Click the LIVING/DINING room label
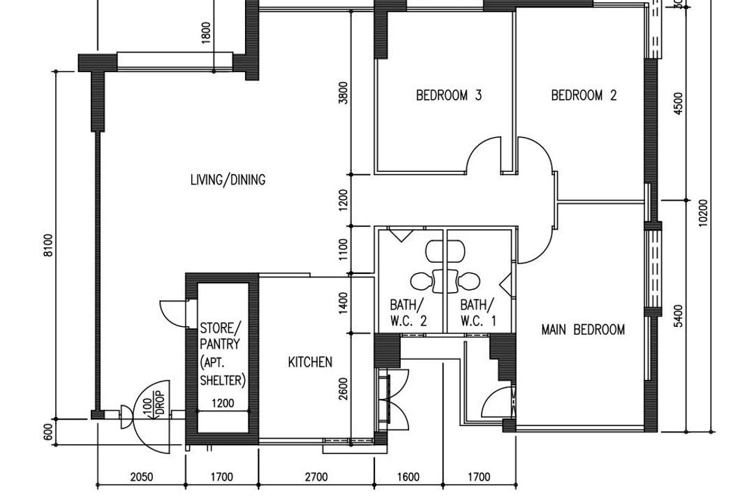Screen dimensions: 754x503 coord(228,180)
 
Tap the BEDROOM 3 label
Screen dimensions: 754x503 coord(449,95)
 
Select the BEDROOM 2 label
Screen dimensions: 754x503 coord(584,95)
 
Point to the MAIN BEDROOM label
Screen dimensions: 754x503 coord(583,330)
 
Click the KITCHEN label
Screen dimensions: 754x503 coord(310,362)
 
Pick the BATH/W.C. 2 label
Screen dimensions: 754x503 coord(408,313)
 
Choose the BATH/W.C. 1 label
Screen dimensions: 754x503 coord(478,313)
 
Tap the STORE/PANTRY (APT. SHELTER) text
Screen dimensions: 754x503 coord(223,354)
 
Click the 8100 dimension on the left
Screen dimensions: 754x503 coord(48,245)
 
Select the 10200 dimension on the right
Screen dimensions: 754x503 coord(703,213)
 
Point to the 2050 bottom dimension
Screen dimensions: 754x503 coord(142,477)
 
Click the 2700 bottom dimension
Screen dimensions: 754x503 coord(316,477)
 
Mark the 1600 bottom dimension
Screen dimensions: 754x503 coord(408,477)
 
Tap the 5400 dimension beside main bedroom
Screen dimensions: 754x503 coord(678,316)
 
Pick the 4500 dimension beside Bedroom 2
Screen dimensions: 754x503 coord(678,103)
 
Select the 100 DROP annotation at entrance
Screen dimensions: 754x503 coord(154,403)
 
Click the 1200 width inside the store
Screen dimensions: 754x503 coord(223,403)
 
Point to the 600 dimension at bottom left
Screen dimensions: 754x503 coord(48,432)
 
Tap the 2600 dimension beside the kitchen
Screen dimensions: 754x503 coord(343,389)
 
